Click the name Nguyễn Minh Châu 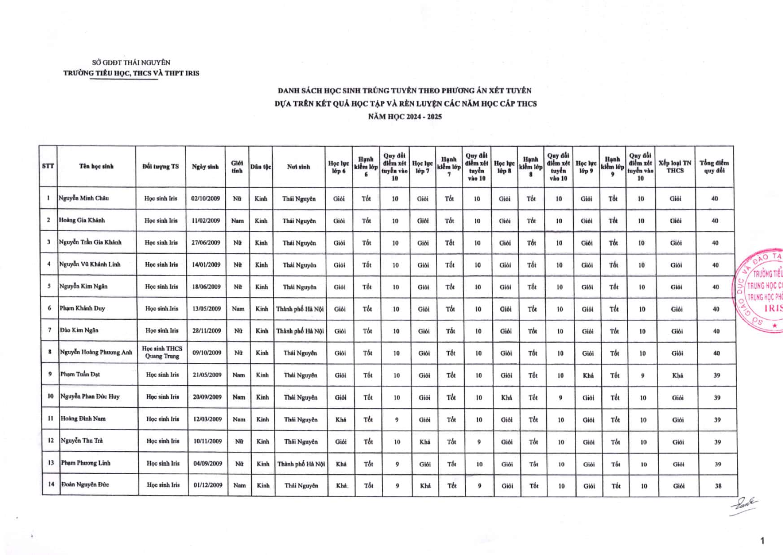click(x=83, y=198)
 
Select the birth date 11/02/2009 click(x=206, y=220)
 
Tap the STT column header click(x=48, y=166)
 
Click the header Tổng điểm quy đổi click(x=714, y=167)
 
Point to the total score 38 click(x=718, y=486)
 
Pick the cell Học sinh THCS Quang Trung click(x=162, y=352)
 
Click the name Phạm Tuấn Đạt click(x=80, y=374)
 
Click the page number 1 click(x=762, y=541)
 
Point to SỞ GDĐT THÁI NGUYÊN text click(x=131, y=62)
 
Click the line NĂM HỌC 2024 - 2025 click(x=405, y=117)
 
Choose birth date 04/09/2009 click(x=208, y=463)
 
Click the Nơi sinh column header click(x=298, y=167)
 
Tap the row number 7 click(x=50, y=330)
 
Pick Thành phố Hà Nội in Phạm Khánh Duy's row click(x=300, y=309)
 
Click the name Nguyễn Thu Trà click(x=82, y=440)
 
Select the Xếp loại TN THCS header click(x=675, y=167)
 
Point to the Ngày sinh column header click(x=206, y=167)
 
